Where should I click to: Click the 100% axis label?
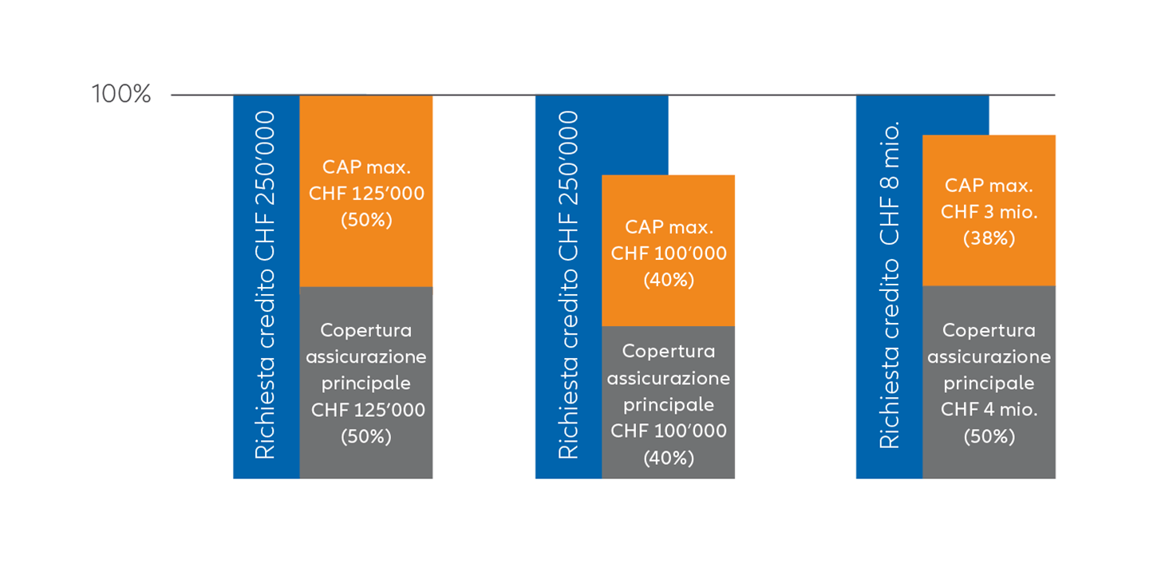coord(121,94)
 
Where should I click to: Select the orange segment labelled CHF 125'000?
coord(366,191)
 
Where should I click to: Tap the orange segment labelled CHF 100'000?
coord(669,250)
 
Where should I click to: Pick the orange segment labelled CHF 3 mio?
coord(989,210)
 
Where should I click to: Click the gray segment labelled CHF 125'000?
coord(366,383)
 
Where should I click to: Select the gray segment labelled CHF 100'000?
coord(669,402)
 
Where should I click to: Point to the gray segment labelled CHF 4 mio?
coord(989,382)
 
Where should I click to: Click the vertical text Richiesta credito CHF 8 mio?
coord(889,285)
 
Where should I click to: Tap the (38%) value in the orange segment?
coord(989,238)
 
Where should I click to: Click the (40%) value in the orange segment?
coord(669,280)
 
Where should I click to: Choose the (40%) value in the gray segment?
coord(669,458)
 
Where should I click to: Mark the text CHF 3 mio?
coord(989,211)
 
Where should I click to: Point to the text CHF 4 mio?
coord(989,409)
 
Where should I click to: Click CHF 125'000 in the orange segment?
coord(366,194)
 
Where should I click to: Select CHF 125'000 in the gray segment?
coord(368,410)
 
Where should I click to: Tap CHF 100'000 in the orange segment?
coord(669,254)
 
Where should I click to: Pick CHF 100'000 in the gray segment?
coord(669,431)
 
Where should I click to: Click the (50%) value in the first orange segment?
coord(366,220)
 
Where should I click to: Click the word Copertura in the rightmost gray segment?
coord(989,331)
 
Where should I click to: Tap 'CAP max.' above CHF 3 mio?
coord(989,185)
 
